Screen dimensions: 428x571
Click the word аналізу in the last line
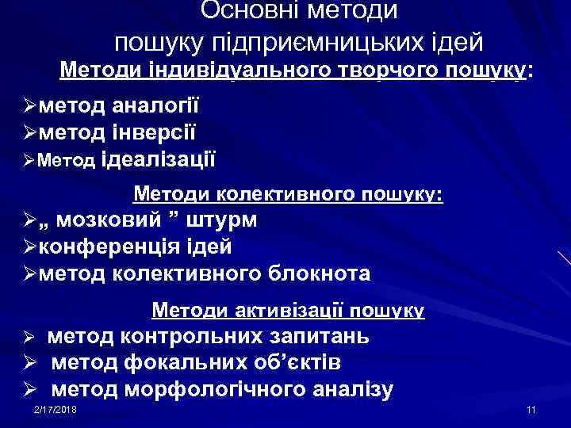click(x=350, y=389)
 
